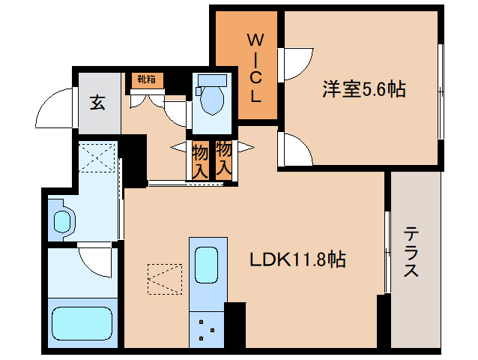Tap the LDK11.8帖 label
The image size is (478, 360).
tap(297, 260)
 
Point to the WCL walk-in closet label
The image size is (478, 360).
tap(255, 66)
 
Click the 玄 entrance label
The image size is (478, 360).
tap(98, 103)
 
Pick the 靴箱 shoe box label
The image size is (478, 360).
tap(145, 79)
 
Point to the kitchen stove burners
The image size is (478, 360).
tap(208, 328)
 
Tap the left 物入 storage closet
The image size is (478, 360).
tap(199, 160)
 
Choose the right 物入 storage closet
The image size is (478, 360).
tap(223, 158)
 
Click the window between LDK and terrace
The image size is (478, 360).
tap(387, 251)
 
